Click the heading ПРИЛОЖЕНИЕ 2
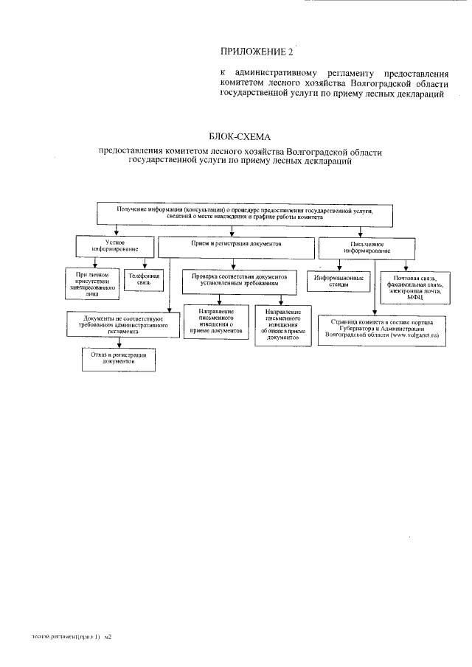(x=257, y=51)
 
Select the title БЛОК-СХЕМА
(x=241, y=137)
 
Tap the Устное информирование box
(x=114, y=245)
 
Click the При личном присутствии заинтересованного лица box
(x=91, y=283)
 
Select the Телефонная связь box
(x=144, y=279)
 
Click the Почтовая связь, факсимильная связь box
(x=413, y=285)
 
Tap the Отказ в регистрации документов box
(x=118, y=358)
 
